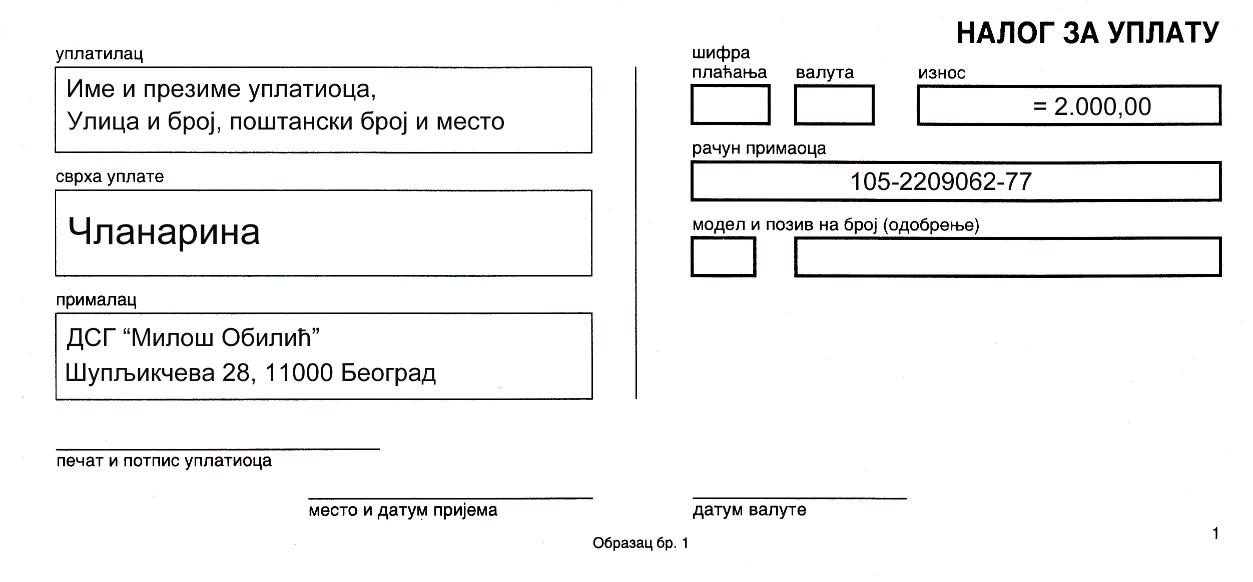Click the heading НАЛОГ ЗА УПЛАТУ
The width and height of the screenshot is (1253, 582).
[x=1087, y=33]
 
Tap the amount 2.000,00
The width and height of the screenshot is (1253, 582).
[x=1102, y=106]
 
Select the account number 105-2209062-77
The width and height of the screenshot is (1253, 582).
[x=941, y=181]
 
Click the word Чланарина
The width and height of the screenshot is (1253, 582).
[x=164, y=231]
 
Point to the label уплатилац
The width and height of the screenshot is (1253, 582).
[x=100, y=54]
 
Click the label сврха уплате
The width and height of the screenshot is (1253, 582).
[x=110, y=176]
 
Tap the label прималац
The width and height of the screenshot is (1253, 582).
[x=96, y=300]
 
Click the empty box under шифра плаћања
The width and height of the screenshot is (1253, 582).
[x=730, y=104]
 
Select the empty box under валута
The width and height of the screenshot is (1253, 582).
[x=834, y=104]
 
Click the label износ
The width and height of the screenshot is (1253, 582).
[x=941, y=73]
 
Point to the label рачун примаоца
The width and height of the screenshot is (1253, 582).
[x=759, y=148]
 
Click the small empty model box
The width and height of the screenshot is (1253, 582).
[x=723, y=256]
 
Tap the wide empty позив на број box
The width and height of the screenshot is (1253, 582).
[x=1008, y=256]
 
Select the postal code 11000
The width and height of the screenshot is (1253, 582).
[x=299, y=372]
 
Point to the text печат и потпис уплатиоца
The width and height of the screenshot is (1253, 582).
[x=164, y=461]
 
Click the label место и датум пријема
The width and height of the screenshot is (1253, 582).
[x=403, y=510]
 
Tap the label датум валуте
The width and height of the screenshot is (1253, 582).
[x=750, y=509]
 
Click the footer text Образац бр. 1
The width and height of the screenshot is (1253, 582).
[x=641, y=543]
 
